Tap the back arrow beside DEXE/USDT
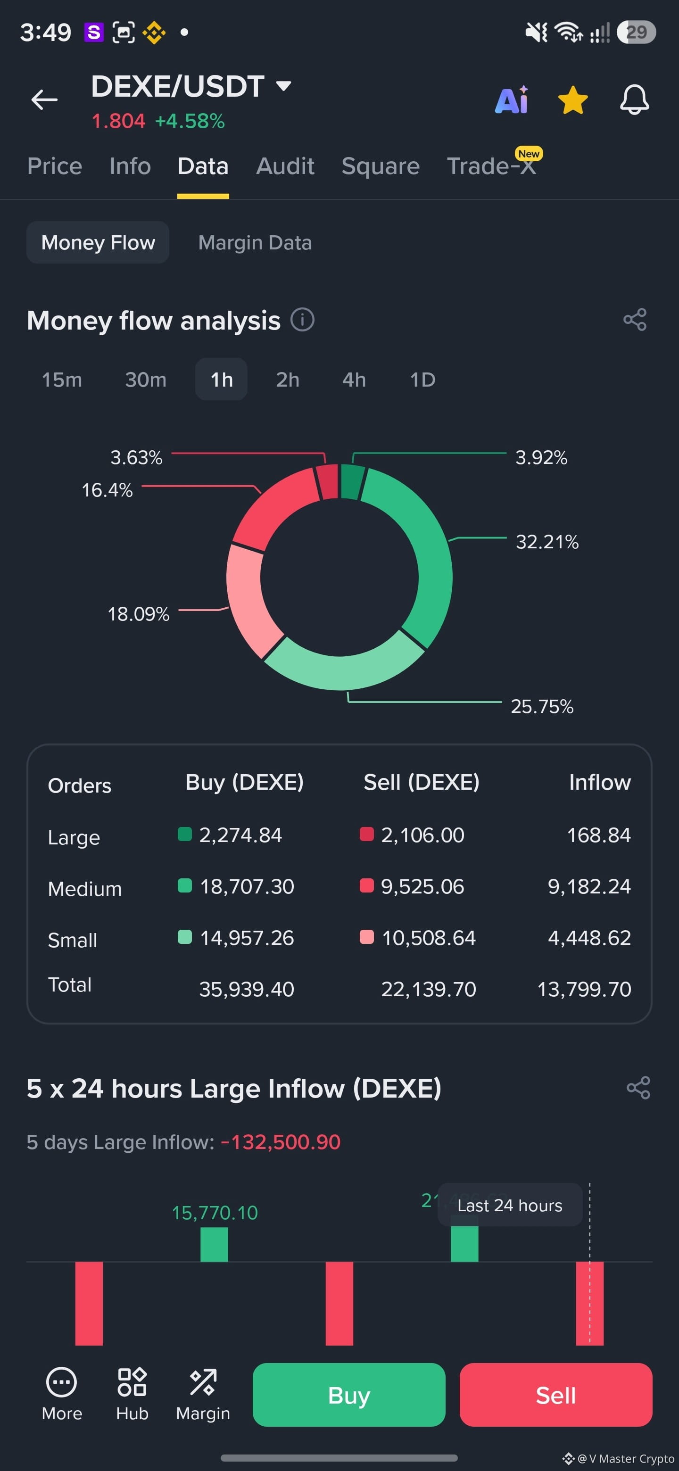(44, 100)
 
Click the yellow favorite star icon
(573, 100)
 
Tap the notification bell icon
(635, 100)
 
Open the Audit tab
(285, 166)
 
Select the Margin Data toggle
(255, 243)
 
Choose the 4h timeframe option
(354, 380)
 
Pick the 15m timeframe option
(62, 380)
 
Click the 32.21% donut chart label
(547, 541)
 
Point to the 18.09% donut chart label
(138, 614)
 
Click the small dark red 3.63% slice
(327, 481)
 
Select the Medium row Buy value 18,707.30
(247, 886)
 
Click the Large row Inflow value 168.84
(598, 835)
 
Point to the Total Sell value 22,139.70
(428, 989)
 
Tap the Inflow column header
(600, 782)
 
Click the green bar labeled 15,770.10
(214, 1244)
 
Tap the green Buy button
(349, 1395)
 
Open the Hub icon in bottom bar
(132, 1394)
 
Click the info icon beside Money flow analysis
(302, 320)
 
